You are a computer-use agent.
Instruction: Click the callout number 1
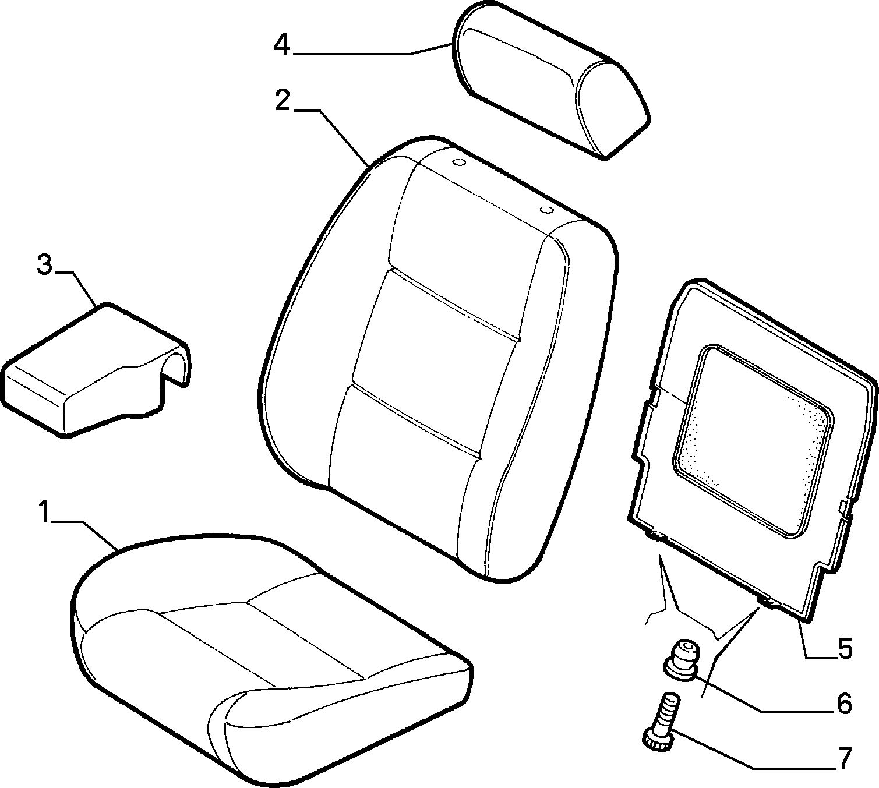(43, 513)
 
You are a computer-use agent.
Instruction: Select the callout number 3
(44, 265)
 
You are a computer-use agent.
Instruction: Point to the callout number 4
(281, 45)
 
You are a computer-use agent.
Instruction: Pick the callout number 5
(845, 648)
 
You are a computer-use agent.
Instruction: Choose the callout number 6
(844, 704)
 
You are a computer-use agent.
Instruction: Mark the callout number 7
(844, 758)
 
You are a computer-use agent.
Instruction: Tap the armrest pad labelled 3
(87, 373)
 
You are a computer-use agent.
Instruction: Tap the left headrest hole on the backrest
(459, 162)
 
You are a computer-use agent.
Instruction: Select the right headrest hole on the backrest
(546, 209)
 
